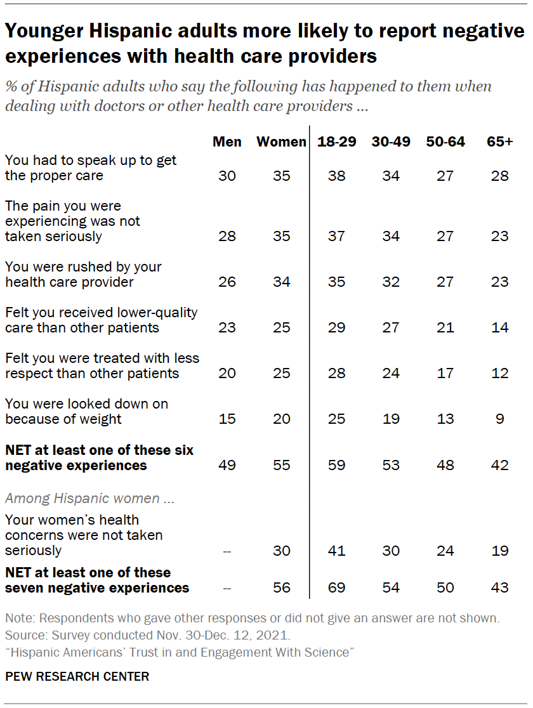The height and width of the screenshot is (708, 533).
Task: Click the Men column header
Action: click(x=227, y=141)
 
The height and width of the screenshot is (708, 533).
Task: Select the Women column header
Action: click(x=281, y=141)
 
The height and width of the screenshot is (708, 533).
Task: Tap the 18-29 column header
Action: click(x=336, y=141)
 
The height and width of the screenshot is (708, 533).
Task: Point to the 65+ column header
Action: click(x=499, y=141)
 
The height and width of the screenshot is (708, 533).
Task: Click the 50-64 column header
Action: click(x=445, y=141)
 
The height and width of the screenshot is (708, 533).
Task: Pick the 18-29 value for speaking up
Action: click(x=336, y=176)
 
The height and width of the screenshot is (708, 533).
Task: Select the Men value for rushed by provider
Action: click(x=227, y=282)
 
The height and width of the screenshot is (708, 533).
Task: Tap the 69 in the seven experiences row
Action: click(x=336, y=587)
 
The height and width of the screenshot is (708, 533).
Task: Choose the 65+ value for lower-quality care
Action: click(x=499, y=327)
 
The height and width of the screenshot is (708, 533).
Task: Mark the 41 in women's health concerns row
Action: click(x=336, y=551)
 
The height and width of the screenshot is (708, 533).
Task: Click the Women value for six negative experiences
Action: click(x=281, y=466)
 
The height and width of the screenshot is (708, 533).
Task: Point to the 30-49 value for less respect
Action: click(x=391, y=373)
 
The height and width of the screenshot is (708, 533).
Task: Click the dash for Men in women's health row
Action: click(x=227, y=551)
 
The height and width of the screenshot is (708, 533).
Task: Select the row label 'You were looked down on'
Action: click(x=86, y=404)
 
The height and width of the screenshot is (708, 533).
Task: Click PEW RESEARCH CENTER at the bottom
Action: click(x=77, y=676)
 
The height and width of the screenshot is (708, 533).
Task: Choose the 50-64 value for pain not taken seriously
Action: click(x=445, y=236)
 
